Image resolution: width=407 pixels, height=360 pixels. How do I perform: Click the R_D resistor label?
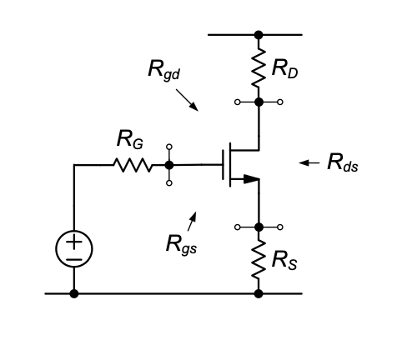[x=284, y=68]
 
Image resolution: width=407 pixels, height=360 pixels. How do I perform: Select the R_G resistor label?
[x=130, y=139]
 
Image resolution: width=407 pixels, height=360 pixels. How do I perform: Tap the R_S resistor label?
[x=284, y=260]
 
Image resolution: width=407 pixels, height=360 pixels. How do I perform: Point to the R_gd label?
[x=164, y=71]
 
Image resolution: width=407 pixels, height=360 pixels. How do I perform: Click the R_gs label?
[x=181, y=245]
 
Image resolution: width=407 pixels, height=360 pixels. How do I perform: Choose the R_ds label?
[x=343, y=162]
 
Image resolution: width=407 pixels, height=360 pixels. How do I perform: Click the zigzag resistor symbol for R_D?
[x=259, y=67]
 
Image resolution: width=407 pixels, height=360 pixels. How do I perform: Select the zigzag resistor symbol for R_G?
[x=133, y=165]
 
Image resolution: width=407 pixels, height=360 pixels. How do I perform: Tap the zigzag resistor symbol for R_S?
[x=259, y=259]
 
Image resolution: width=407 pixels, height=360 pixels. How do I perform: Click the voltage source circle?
[x=74, y=249]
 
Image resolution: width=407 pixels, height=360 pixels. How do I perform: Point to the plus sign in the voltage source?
[x=74, y=242]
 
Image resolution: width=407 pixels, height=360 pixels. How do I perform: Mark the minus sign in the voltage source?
[x=74, y=260]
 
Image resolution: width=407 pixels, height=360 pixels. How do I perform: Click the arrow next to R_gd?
[x=187, y=100]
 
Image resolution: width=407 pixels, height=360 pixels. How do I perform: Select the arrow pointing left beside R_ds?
[x=309, y=162]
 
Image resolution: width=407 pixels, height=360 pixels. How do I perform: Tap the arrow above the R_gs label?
[x=192, y=222]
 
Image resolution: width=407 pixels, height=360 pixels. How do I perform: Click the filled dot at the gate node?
[x=169, y=165]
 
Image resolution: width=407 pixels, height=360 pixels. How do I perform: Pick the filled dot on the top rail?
[x=259, y=35]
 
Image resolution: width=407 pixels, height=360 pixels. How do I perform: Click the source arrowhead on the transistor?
[x=251, y=179]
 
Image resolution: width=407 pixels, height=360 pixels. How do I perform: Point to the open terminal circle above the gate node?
[x=169, y=147]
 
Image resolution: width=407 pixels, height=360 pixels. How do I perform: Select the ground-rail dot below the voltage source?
[x=74, y=293]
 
